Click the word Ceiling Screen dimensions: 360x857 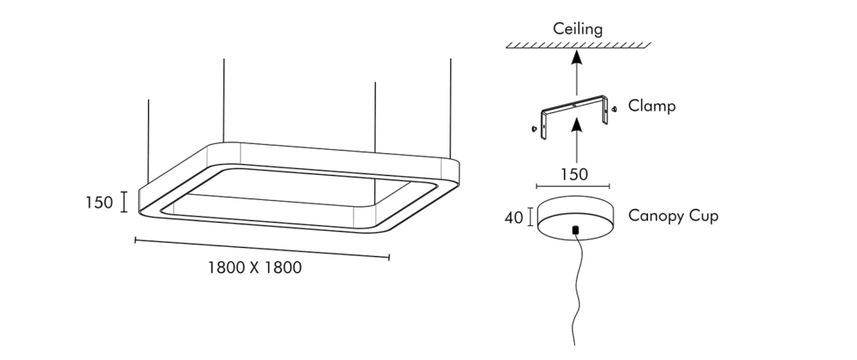tap(577, 30)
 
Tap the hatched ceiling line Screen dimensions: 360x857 tap(577, 45)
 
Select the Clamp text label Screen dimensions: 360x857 tap(652, 107)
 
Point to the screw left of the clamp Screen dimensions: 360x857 tap(532, 129)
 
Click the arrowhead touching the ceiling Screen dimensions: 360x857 tap(575, 56)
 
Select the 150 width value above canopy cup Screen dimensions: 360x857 tap(573, 174)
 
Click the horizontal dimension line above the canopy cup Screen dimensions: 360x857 tap(573, 186)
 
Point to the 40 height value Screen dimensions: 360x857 tap(514, 218)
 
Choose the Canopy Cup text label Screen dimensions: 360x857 tap(674, 216)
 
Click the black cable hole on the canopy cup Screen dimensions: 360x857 tap(574, 229)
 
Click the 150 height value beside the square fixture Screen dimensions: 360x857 tap(99, 203)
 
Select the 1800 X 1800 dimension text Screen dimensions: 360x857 tap(254, 269)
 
